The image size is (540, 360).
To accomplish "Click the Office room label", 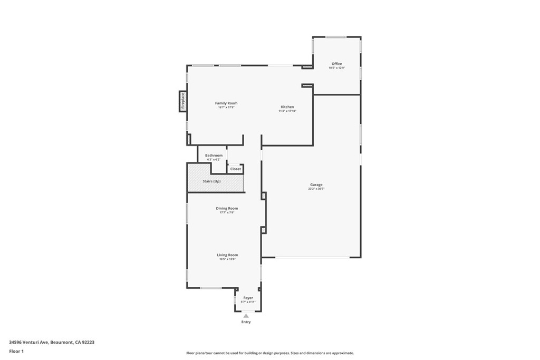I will point(336,64).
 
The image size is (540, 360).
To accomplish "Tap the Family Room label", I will point(226,103).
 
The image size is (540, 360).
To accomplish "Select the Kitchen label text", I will point(287,107).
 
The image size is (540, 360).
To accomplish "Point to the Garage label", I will point(316,184).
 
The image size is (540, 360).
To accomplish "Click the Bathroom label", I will point(214,155).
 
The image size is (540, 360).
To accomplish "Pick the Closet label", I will point(235,169).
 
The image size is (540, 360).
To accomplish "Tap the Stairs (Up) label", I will point(211,181).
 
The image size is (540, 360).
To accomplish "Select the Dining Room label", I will point(227,208).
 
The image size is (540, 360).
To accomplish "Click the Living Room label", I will point(227,255).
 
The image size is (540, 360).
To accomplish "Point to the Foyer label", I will point(248,298).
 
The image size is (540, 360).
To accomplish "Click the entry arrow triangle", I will point(246,316).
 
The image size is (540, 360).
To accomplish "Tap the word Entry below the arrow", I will point(246,322).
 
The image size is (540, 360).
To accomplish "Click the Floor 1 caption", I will point(16,351).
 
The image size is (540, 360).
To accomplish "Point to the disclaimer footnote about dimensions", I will point(269,353).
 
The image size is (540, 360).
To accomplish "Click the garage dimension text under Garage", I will point(316,189).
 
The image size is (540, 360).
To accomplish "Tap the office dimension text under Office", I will point(336,68).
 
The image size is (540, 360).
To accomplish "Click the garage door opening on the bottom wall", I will point(312,257).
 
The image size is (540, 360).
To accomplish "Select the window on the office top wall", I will point(336,37).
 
